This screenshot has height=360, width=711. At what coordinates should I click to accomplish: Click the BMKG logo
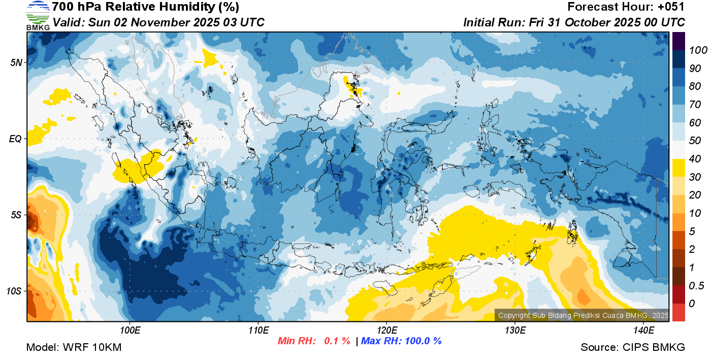pos(38,15)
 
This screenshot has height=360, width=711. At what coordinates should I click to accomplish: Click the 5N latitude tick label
pos(16,62)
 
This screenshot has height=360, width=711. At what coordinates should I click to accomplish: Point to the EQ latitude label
pos(16,139)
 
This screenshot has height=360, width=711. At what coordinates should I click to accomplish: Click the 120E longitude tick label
pos(386,331)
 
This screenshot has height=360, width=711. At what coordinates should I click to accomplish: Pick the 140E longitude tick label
pos(643,331)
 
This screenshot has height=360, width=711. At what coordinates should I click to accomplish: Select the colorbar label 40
pos(695,159)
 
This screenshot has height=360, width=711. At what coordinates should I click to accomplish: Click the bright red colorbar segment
pos(678,312)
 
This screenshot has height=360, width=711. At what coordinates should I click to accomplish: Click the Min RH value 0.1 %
pos(337,341)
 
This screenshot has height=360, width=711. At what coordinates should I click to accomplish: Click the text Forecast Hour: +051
pos(626,7)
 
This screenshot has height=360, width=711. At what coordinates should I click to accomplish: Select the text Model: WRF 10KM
pos(74,347)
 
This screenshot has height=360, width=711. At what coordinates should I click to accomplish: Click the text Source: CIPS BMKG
pos(633,347)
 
